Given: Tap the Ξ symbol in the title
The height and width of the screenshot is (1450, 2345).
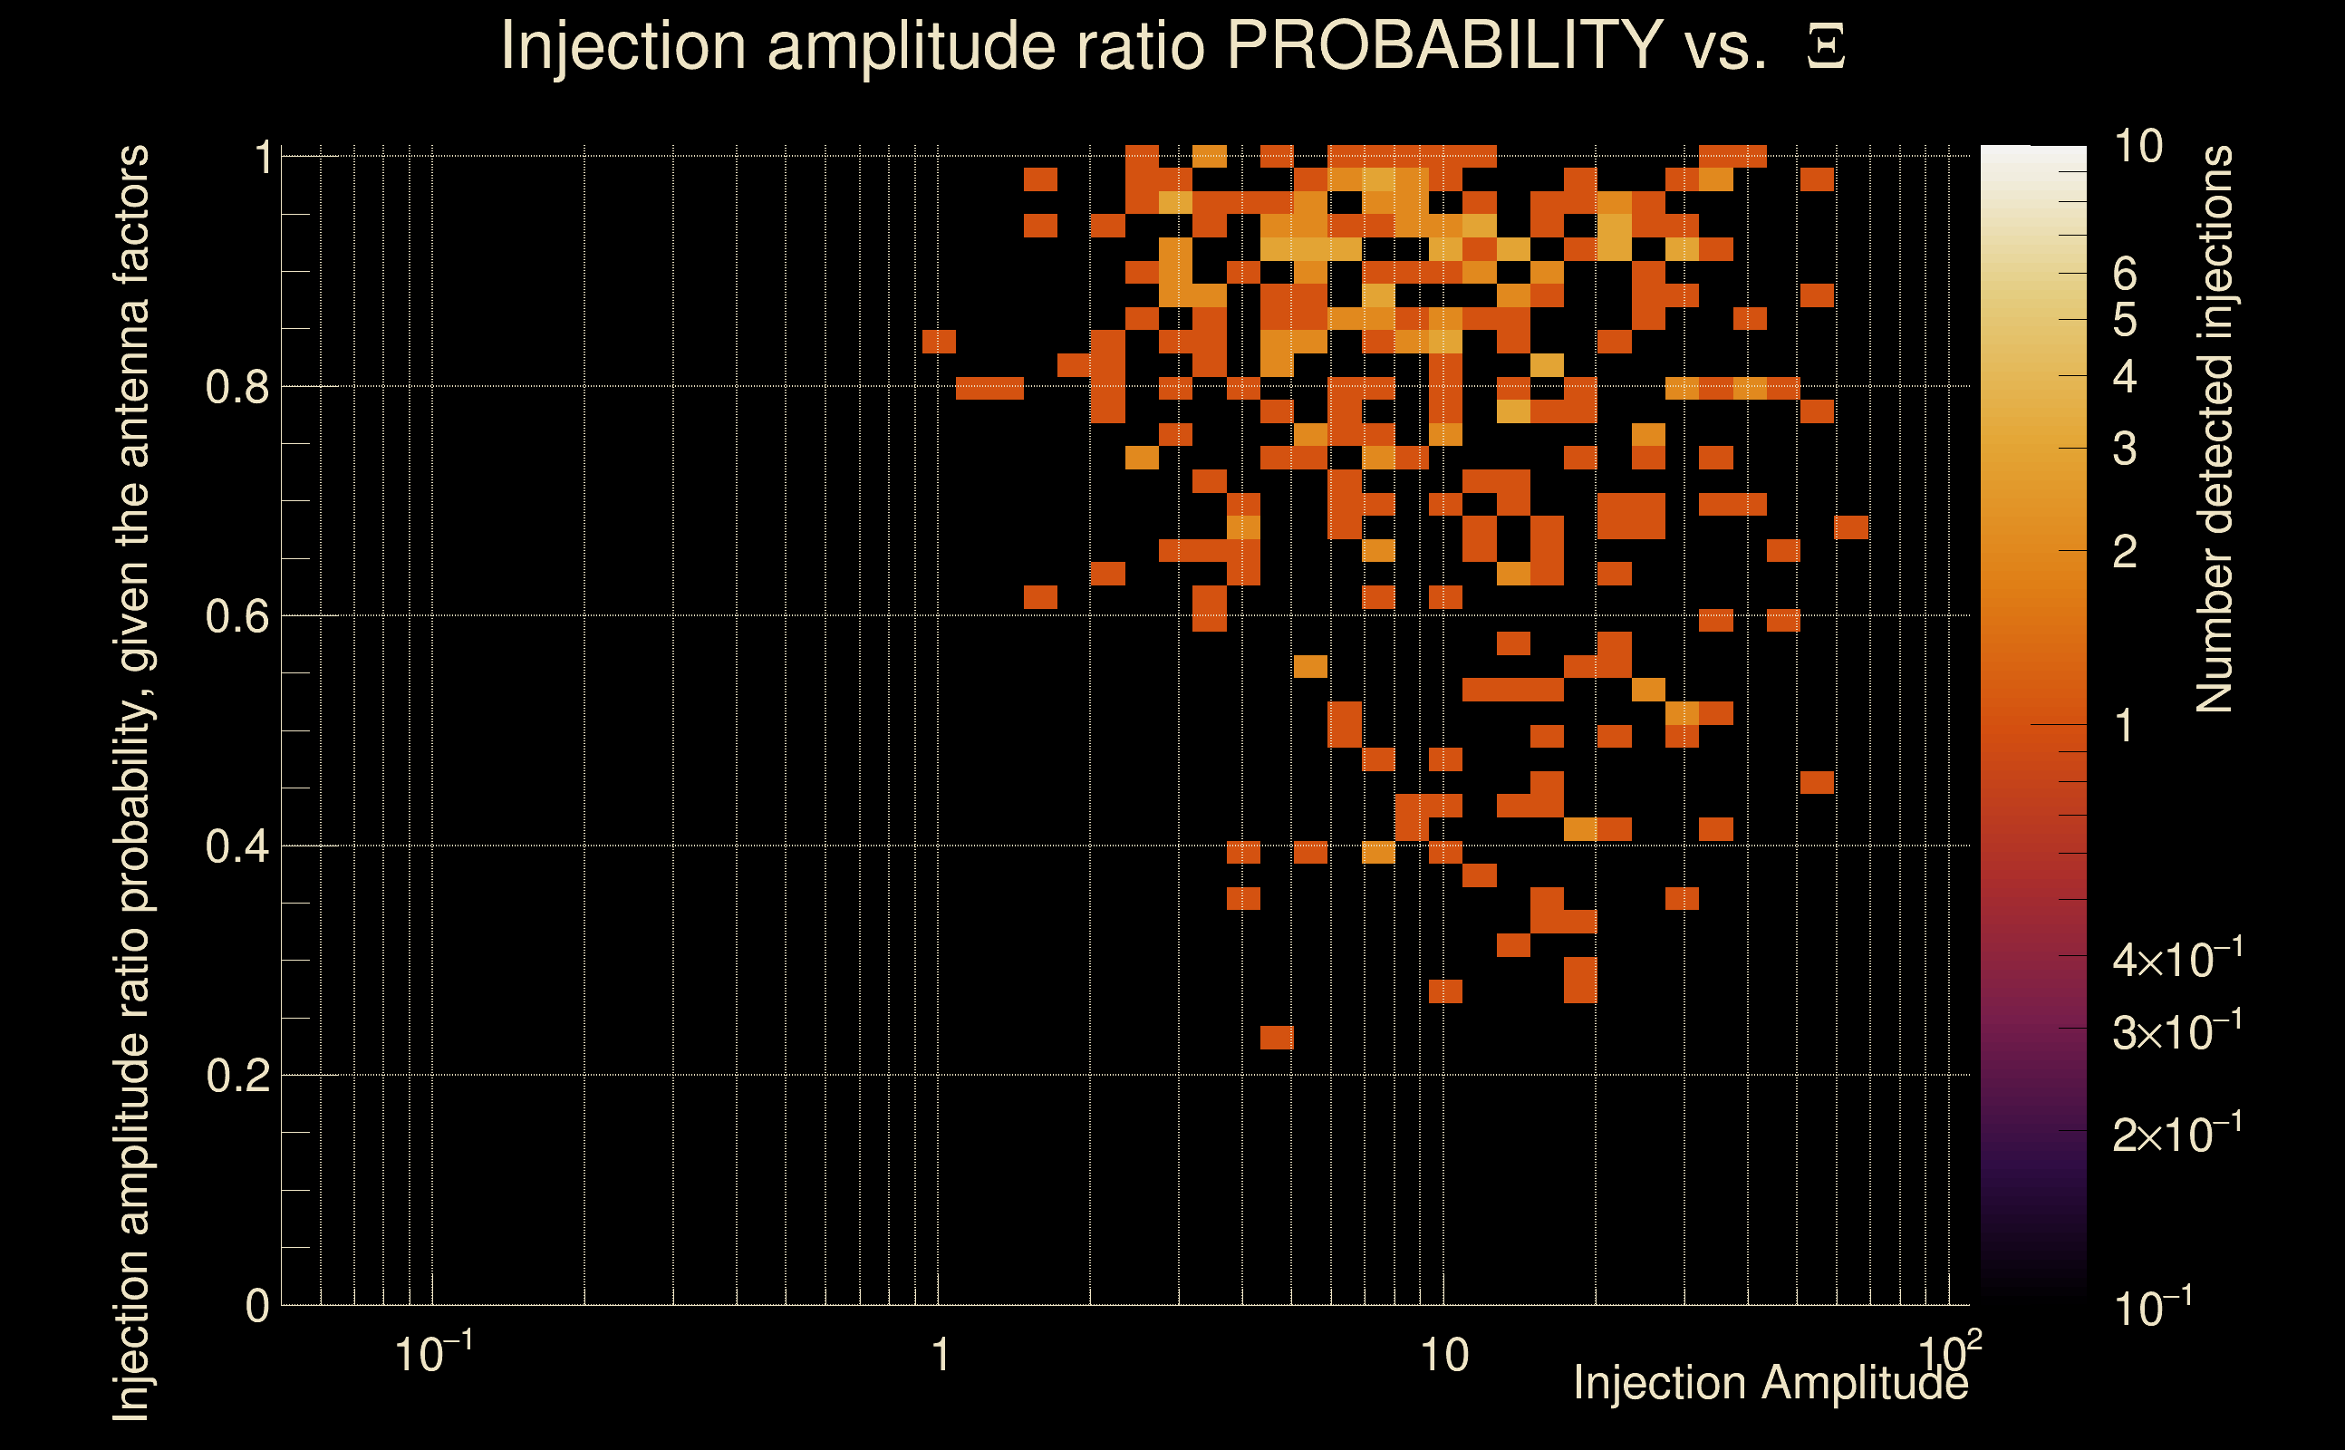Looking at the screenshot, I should click(1826, 47).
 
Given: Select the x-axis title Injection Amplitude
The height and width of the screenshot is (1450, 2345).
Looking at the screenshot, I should click(1771, 1382).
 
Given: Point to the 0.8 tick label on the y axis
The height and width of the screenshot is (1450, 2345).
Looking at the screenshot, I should click(237, 388).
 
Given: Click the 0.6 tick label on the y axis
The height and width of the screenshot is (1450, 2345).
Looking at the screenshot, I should click(237, 616).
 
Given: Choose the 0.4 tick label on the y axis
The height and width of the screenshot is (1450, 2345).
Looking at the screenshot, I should click(237, 846).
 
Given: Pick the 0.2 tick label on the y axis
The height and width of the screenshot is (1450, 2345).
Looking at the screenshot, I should click(237, 1076).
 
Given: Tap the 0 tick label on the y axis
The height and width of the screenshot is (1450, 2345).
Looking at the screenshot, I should click(257, 1306).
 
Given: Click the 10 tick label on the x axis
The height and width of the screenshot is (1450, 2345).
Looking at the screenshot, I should click(1443, 1355).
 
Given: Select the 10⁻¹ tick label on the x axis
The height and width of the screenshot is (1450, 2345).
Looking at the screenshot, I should click(433, 1353).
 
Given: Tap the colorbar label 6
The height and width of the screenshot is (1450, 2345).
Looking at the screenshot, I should click(2125, 275).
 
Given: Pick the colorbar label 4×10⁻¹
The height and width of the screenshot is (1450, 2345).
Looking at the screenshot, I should click(2176, 959).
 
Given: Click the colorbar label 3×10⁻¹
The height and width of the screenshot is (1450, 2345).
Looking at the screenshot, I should click(2176, 1032).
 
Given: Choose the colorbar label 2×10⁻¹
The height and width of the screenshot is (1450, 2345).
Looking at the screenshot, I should click(2176, 1134).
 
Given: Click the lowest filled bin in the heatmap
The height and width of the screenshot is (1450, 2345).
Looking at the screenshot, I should click(1277, 1038).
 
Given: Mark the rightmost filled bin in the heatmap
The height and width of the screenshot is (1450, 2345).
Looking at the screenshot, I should click(1851, 527).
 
